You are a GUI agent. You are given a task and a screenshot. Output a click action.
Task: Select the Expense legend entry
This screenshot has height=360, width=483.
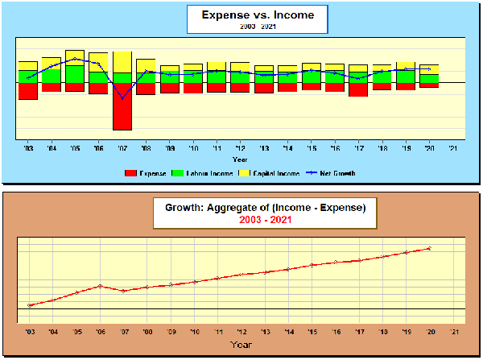click(x=146, y=173)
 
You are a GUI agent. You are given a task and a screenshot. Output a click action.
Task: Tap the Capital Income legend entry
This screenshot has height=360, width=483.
click(x=272, y=173)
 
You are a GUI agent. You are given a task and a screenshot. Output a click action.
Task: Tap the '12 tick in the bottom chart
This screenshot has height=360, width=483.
click(x=242, y=331)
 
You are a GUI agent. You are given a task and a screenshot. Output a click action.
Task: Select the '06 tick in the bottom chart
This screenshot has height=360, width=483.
click(x=100, y=331)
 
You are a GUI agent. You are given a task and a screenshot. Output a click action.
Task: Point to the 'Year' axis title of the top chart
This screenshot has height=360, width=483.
click(x=241, y=159)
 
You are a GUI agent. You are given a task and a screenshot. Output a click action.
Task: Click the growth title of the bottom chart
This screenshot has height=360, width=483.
click(x=266, y=208)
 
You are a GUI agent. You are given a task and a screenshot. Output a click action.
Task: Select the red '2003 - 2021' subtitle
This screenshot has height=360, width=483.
click(x=266, y=219)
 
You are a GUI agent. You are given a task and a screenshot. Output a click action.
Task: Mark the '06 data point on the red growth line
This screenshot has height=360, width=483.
click(x=100, y=286)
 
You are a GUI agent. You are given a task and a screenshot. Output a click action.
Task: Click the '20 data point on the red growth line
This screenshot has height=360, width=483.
click(x=430, y=248)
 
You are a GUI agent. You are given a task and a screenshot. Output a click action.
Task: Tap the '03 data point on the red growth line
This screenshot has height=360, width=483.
click(x=29, y=305)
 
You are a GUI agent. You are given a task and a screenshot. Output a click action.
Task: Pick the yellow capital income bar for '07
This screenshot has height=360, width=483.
click(x=122, y=62)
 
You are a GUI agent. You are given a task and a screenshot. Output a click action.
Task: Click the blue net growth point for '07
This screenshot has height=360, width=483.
click(x=122, y=98)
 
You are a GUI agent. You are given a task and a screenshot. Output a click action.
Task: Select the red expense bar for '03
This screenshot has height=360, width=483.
click(x=28, y=90)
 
